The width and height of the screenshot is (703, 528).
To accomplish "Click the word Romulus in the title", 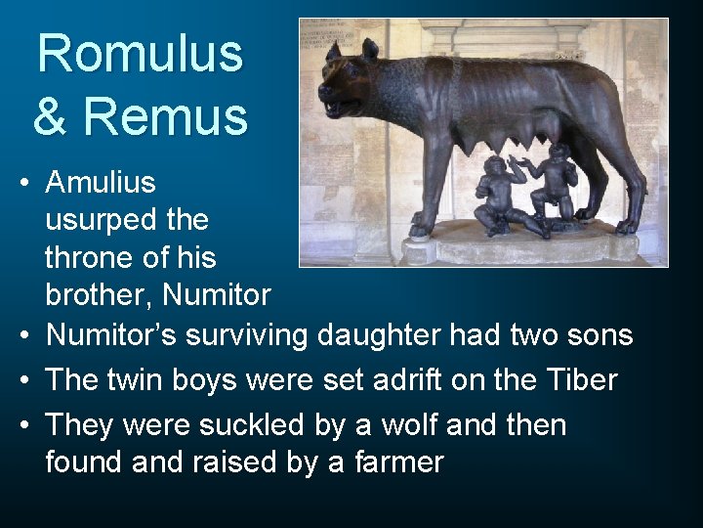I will tap(140, 54).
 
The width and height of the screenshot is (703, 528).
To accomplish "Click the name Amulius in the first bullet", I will tap(101, 183).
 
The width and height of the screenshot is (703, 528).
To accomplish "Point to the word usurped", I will tap(102, 221).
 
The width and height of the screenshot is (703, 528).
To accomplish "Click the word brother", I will tap(99, 295).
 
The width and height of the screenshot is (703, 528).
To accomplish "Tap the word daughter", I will tap(386, 335).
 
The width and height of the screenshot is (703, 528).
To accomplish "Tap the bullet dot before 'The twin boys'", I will tap(21, 380).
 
